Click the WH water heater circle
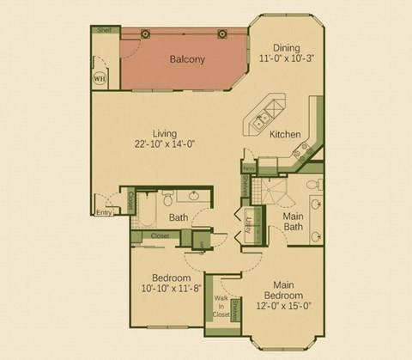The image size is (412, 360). point(100,77)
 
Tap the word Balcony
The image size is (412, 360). point(186,59)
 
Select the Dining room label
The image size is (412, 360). point(287,47)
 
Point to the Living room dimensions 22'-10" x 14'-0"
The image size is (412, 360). point(164,144)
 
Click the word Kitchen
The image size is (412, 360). point(284,135)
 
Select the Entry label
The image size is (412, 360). point(104,211)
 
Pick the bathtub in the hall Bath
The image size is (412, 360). point(145,212)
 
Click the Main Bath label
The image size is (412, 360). point(294,222)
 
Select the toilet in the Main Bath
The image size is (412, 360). point(314,184)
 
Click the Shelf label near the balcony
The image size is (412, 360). point(105,30)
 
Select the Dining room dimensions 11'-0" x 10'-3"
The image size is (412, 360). point(287,60)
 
